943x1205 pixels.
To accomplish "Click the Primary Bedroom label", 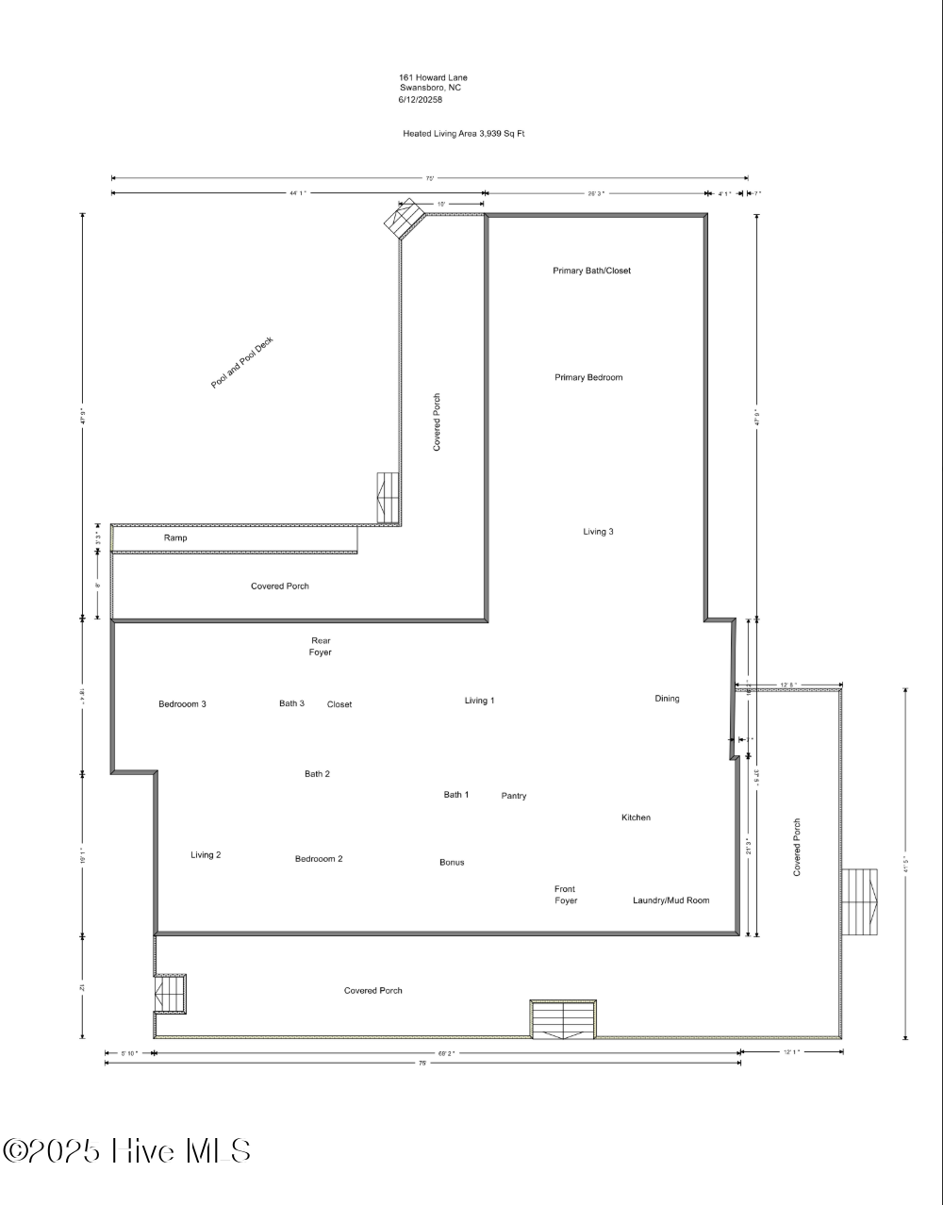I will (x=588, y=377).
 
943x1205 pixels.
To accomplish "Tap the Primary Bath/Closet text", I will (x=591, y=271).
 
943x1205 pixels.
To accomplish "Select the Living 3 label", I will (x=598, y=532).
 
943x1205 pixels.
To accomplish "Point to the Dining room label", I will (x=667, y=699).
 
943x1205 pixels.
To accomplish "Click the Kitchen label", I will (x=636, y=817).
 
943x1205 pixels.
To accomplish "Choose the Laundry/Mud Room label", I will (x=670, y=900).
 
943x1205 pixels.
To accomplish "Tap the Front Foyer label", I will (x=565, y=895).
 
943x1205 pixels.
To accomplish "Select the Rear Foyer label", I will (x=321, y=646).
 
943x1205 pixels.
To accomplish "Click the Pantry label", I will (x=514, y=796).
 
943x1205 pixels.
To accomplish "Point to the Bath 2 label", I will (x=317, y=774).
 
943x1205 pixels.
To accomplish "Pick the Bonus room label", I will (x=452, y=863).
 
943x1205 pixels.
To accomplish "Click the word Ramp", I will (x=175, y=538).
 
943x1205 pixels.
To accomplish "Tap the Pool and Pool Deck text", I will (x=241, y=364).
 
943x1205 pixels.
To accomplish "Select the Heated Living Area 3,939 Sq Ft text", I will (x=463, y=134).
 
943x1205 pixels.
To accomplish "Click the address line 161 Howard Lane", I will (x=432, y=77).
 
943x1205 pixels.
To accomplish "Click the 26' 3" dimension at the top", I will (x=595, y=193).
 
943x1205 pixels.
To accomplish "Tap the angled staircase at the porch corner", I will (x=404, y=220).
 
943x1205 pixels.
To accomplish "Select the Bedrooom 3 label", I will (x=182, y=704).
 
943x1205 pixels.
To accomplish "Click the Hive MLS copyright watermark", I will (x=127, y=1151).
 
